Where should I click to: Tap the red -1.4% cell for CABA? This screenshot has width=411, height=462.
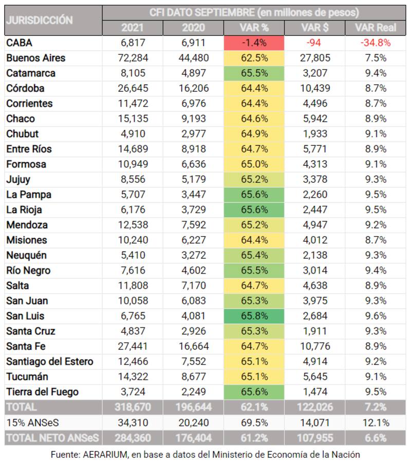pos(254,43)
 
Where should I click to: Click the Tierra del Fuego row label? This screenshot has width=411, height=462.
pos(42,392)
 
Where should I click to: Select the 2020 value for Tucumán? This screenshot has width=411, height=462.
pos(193,377)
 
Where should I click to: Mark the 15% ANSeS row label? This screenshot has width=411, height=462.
pos(28,423)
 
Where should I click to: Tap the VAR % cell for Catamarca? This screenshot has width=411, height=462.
pos(254,73)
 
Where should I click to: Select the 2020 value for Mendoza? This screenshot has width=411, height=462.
pos(193,225)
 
